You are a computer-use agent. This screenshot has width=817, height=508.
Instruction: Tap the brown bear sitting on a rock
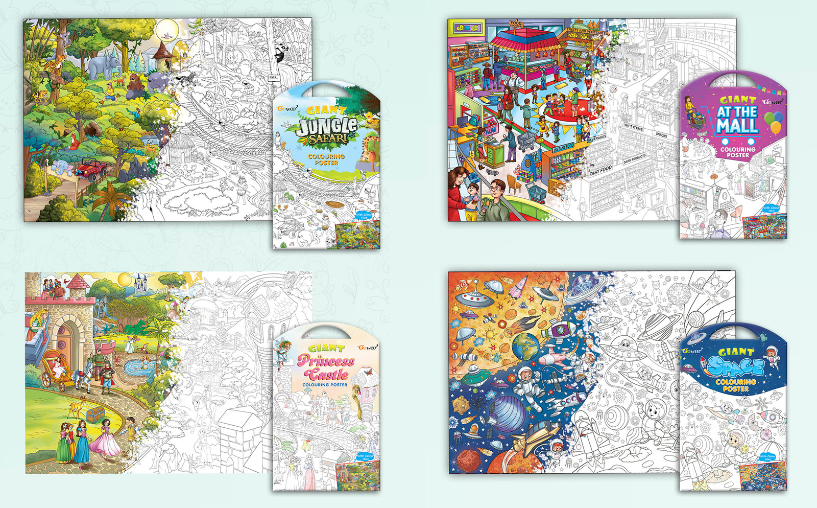(x=135, y=84)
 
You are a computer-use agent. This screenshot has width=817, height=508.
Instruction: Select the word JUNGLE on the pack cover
(x=327, y=126)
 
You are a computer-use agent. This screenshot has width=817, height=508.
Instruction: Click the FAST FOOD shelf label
(x=600, y=171)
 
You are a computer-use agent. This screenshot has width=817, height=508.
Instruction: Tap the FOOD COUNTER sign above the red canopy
(x=516, y=24)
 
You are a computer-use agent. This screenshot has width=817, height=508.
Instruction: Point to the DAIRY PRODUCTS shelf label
(x=634, y=159)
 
